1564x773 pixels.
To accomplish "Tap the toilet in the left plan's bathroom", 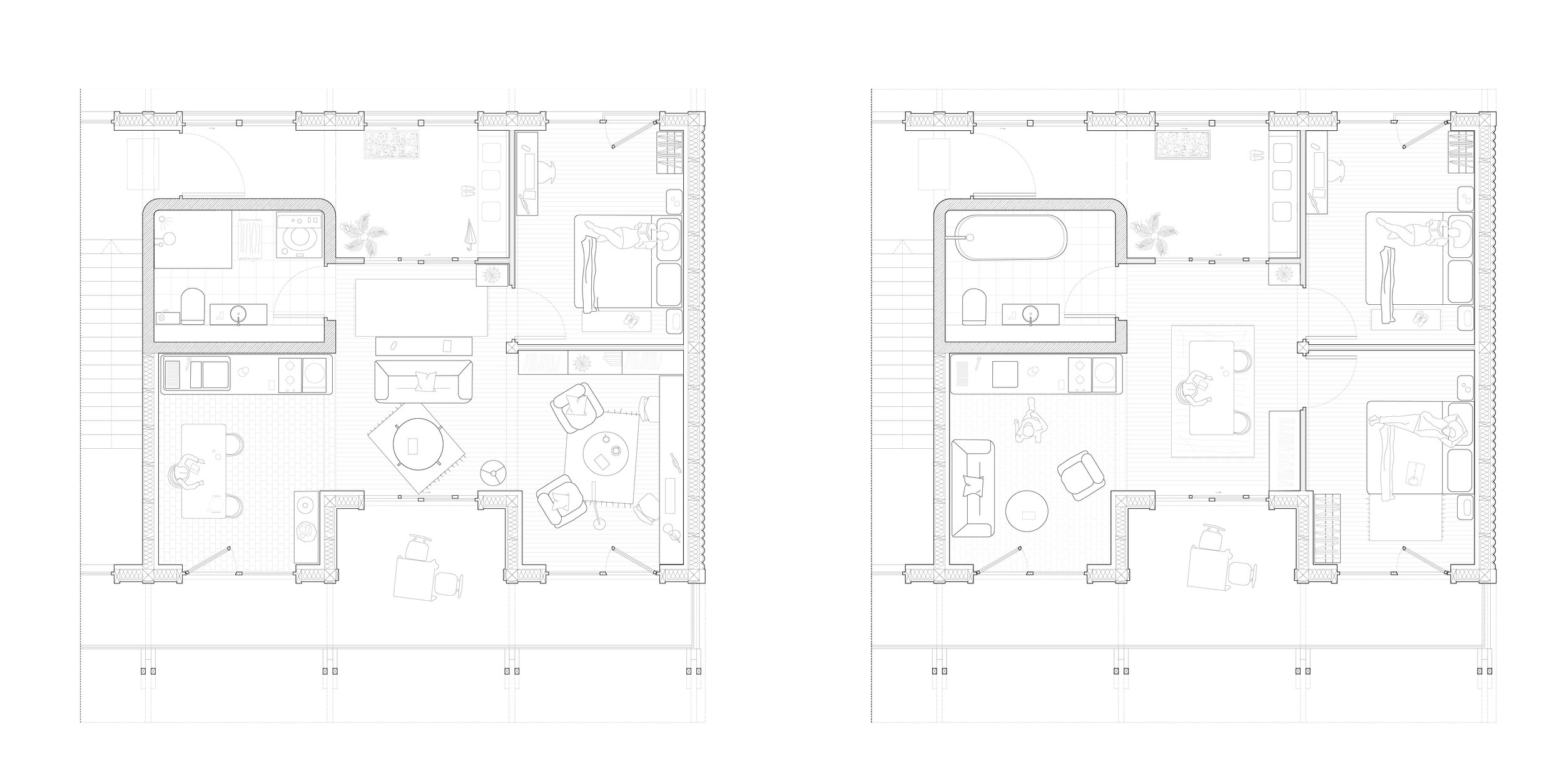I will (192, 306).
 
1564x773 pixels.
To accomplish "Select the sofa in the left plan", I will (423, 381).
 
